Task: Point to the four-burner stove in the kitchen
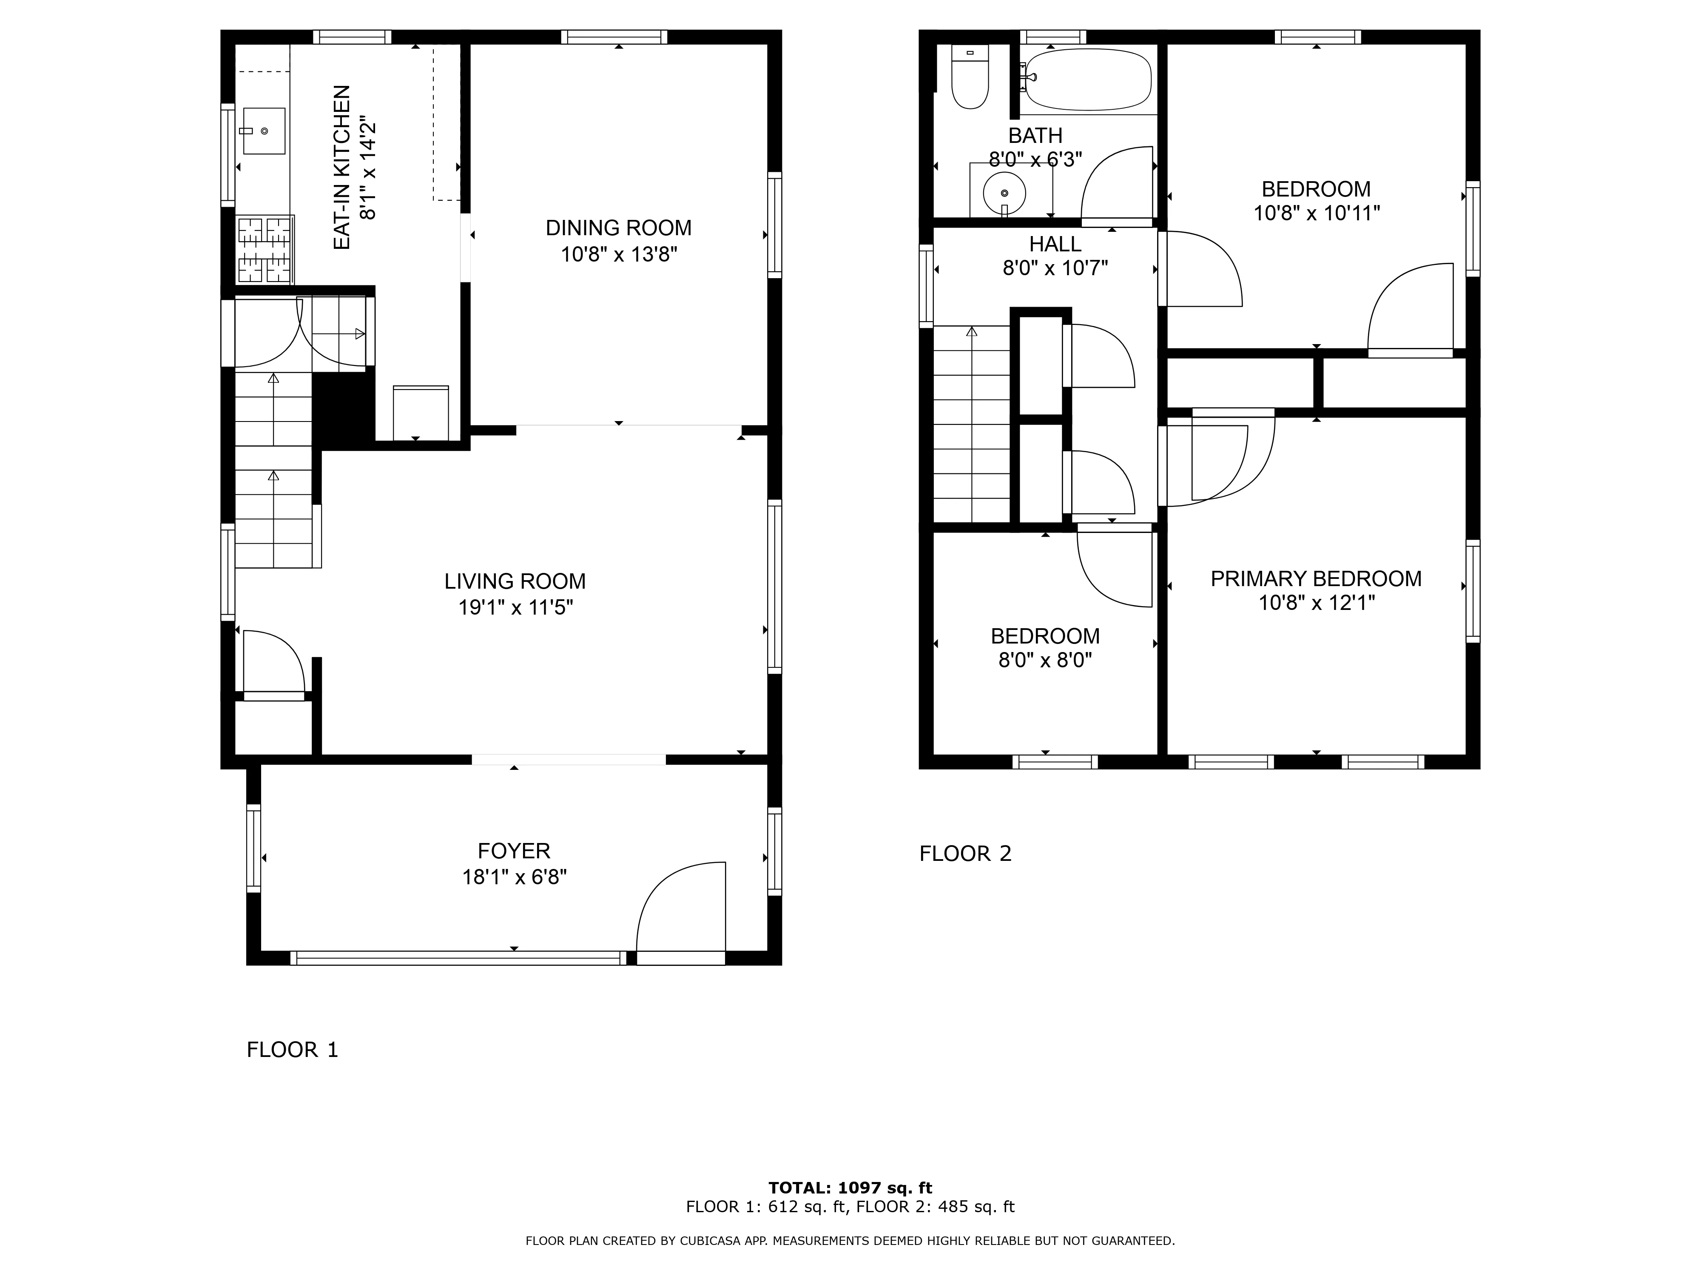point(265,250)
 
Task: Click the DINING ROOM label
point(618,228)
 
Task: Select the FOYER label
point(514,851)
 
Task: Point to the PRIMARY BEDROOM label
point(1316,578)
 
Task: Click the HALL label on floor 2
point(1055,244)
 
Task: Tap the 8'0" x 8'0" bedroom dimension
point(1045,660)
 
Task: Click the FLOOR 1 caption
point(292,1049)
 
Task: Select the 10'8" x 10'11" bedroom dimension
point(1317,213)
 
